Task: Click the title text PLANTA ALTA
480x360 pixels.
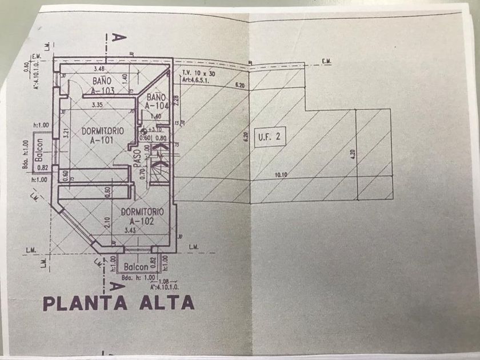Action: pyautogui.click(x=118, y=303)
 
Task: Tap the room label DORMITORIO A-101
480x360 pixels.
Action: pyautogui.click(x=102, y=135)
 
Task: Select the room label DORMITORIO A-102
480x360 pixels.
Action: pyautogui.click(x=143, y=216)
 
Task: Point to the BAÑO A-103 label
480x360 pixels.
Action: pyautogui.click(x=105, y=85)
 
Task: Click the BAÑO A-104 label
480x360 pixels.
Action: pyautogui.click(x=155, y=101)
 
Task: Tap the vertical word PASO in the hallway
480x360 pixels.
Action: pyautogui.click(x=137, y=158)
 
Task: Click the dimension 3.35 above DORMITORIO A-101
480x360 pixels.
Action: pyautogui.click(x=97, y=105)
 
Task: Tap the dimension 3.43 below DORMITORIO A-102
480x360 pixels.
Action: pyautogui.click(x=131, y=231)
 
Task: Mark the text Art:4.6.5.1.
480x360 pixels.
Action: pyautogui.click(x=197, y=81)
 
